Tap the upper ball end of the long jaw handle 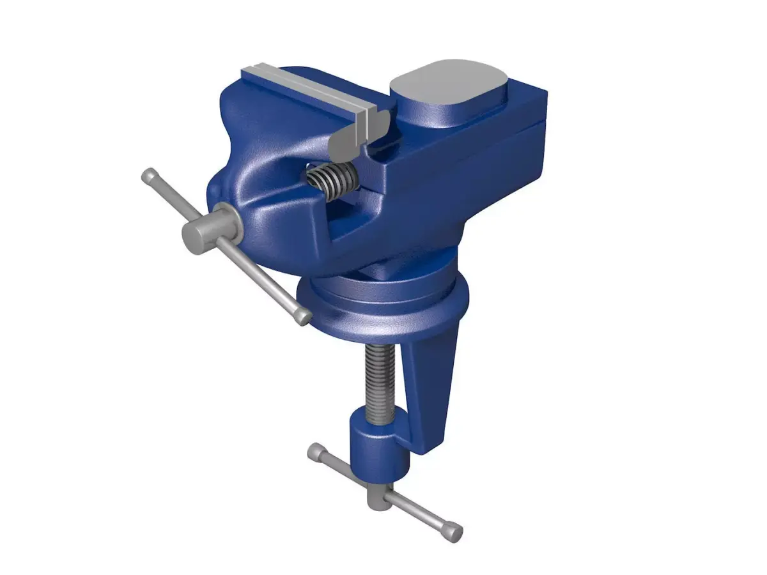point(148,174)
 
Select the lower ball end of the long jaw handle point(305,317)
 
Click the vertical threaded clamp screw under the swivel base point(381,376)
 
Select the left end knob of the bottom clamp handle point(316,452)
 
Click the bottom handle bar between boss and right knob point(419,511)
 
